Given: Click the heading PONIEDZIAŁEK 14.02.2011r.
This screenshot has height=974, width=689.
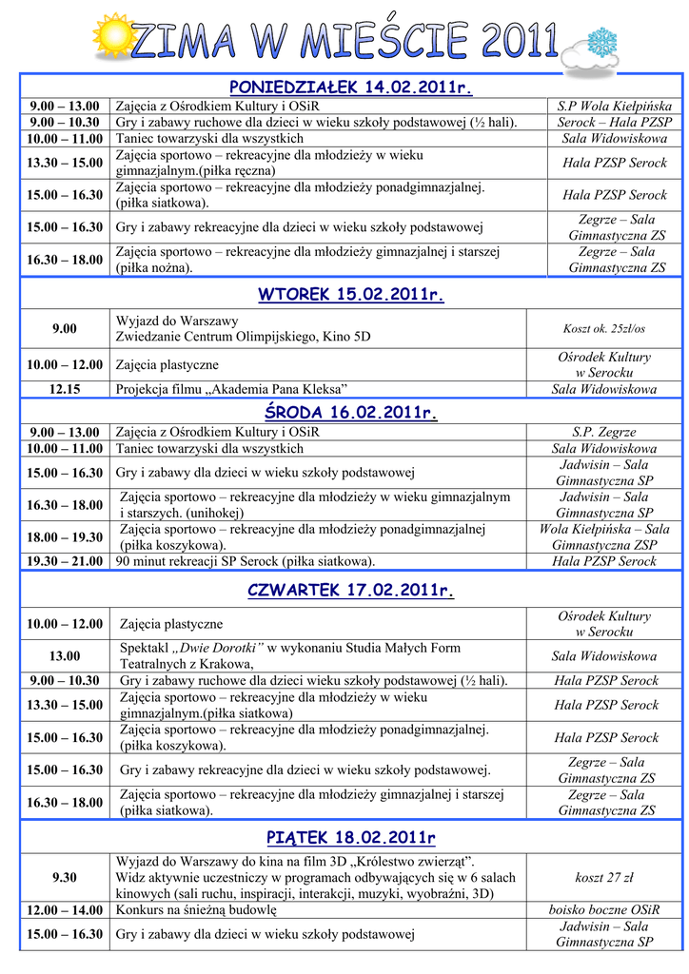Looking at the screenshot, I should pos(350,88).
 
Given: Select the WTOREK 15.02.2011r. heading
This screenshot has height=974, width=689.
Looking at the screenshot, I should pos(350,295).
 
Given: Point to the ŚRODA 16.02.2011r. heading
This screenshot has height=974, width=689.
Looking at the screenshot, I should pos(350,413).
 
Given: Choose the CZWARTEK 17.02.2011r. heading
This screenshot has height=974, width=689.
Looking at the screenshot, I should pos(350,591).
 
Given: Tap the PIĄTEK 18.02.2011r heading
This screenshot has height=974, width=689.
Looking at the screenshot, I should pos(350,837).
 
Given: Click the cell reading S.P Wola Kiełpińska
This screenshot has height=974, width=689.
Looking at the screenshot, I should pos(614,107).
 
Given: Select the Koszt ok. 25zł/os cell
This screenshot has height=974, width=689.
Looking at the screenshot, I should pos(603,328).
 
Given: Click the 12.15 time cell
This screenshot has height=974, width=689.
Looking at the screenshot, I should pos(65,389).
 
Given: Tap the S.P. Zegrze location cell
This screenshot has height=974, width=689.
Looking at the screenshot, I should pos(603,432).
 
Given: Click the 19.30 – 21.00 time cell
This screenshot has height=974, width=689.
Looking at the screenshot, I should pos(65,561).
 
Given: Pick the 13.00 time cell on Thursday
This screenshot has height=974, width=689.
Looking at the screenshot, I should pos(65,656).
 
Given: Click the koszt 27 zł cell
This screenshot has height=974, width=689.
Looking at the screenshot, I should pos(603,877).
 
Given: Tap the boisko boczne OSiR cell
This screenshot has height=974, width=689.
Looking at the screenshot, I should pos(603,910).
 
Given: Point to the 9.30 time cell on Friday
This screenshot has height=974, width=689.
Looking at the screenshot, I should pos(65,877).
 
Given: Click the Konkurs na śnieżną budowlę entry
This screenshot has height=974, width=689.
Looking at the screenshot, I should pos(196,910).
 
